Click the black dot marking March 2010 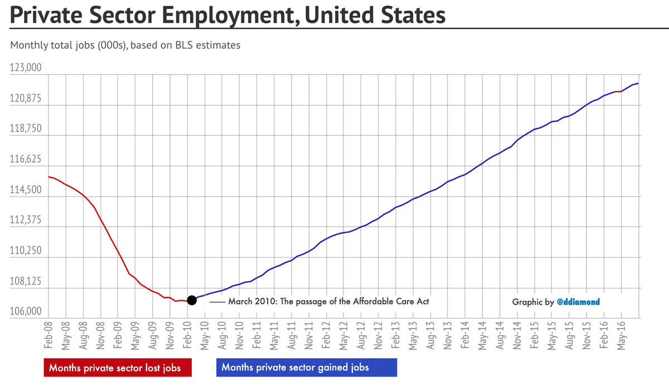(x=192, y=300)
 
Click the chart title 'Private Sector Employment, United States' (x=228, y=15)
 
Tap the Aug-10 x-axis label (x=224, y=334)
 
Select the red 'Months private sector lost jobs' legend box (x=117, y=368)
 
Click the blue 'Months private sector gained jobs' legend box (x=306, y=368)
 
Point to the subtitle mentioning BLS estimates (x=125, y=45)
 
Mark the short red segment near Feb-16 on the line (x=618, y=91)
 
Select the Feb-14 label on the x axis (x=464, y=334)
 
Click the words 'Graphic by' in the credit (x=533, y=302)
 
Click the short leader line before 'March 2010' (x=218, y=302)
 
